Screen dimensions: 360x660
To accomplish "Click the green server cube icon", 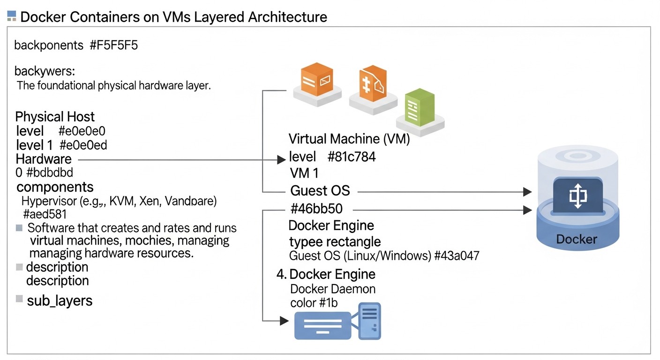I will [420, 110].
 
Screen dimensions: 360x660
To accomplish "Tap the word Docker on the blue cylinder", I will [577, 239].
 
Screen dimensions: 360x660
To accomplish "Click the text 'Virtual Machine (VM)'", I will [349, 139].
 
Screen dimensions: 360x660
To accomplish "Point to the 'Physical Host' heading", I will [55, 117].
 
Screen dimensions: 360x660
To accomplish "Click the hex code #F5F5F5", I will [114, 45].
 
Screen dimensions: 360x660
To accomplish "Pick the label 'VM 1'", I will [304, 173].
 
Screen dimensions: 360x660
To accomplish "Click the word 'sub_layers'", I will [60, 300].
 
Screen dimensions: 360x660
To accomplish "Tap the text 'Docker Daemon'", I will [333, 289].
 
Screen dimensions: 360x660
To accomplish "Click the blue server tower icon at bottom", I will [369, 321].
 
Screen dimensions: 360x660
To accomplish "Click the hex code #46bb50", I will [322, 210].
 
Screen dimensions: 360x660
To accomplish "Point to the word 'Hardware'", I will [44, 159].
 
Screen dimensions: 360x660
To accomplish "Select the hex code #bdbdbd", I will [50, 172].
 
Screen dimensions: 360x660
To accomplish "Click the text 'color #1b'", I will [314, 303].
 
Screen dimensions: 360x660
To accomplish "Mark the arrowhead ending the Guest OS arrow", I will [527, 192].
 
